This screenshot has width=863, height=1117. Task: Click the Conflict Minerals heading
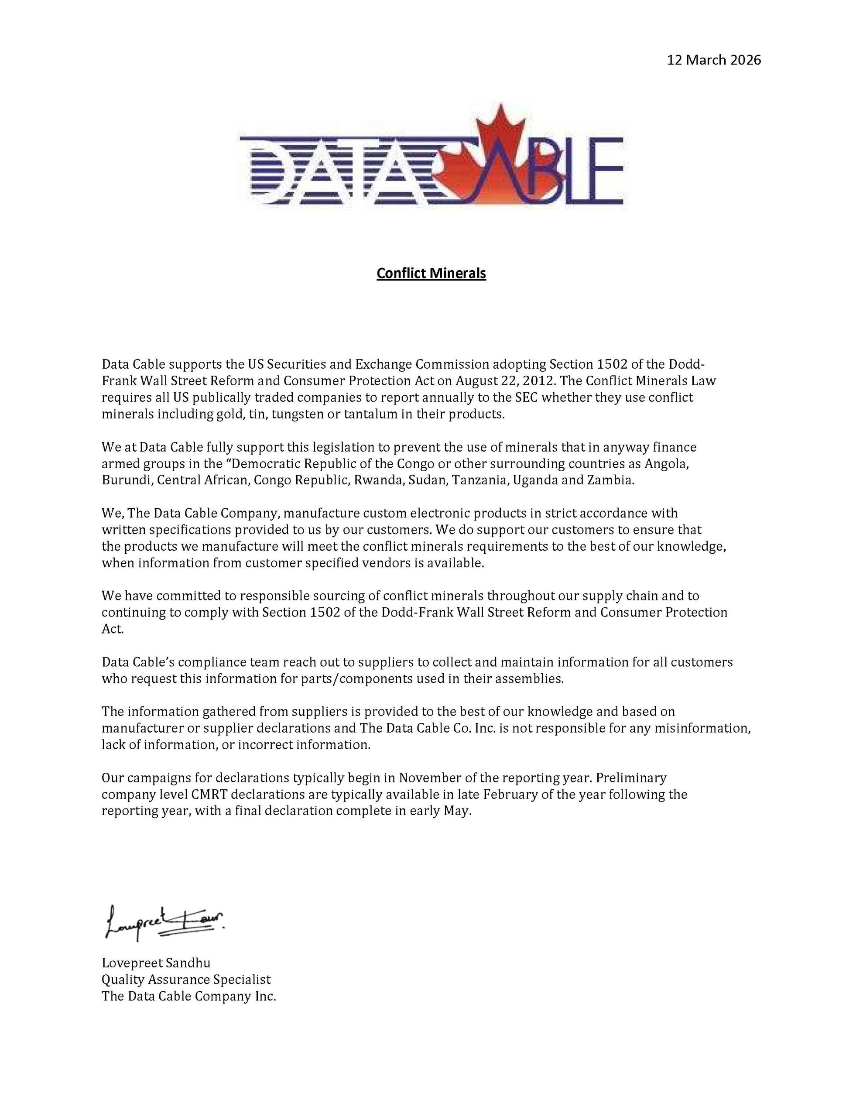coord(431,273)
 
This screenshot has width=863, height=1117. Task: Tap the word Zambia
coord(611,481)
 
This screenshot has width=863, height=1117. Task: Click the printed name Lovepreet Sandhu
coord(156,963)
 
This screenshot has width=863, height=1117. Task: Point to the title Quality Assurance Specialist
coord(186,980)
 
